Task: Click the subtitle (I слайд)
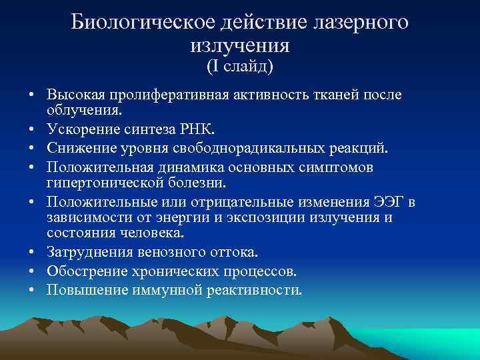click(239, 67)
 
